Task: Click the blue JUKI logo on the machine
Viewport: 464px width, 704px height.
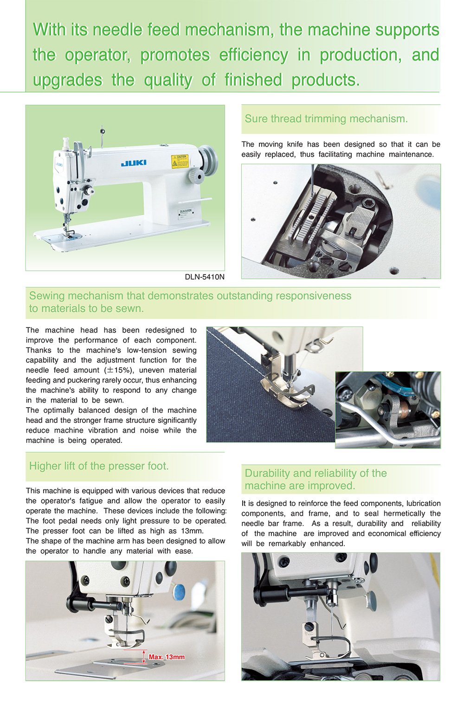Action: tap(134, 163)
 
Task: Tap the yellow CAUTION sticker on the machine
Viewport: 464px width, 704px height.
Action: tap(180, 161)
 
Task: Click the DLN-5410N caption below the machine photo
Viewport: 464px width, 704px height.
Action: tap(204, 277)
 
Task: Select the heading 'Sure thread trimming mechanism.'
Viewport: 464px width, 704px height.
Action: tap(326, 119)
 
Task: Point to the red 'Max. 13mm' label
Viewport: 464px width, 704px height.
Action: tap(167, 657)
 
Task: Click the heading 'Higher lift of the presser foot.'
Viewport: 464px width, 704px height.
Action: tap(99, 466)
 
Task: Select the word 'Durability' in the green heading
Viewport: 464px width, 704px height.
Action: tap(267, 473)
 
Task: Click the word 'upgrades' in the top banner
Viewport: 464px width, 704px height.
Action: tap(67, 80)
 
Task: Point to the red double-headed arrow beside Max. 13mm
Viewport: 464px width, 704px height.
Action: tap(144, 657)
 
